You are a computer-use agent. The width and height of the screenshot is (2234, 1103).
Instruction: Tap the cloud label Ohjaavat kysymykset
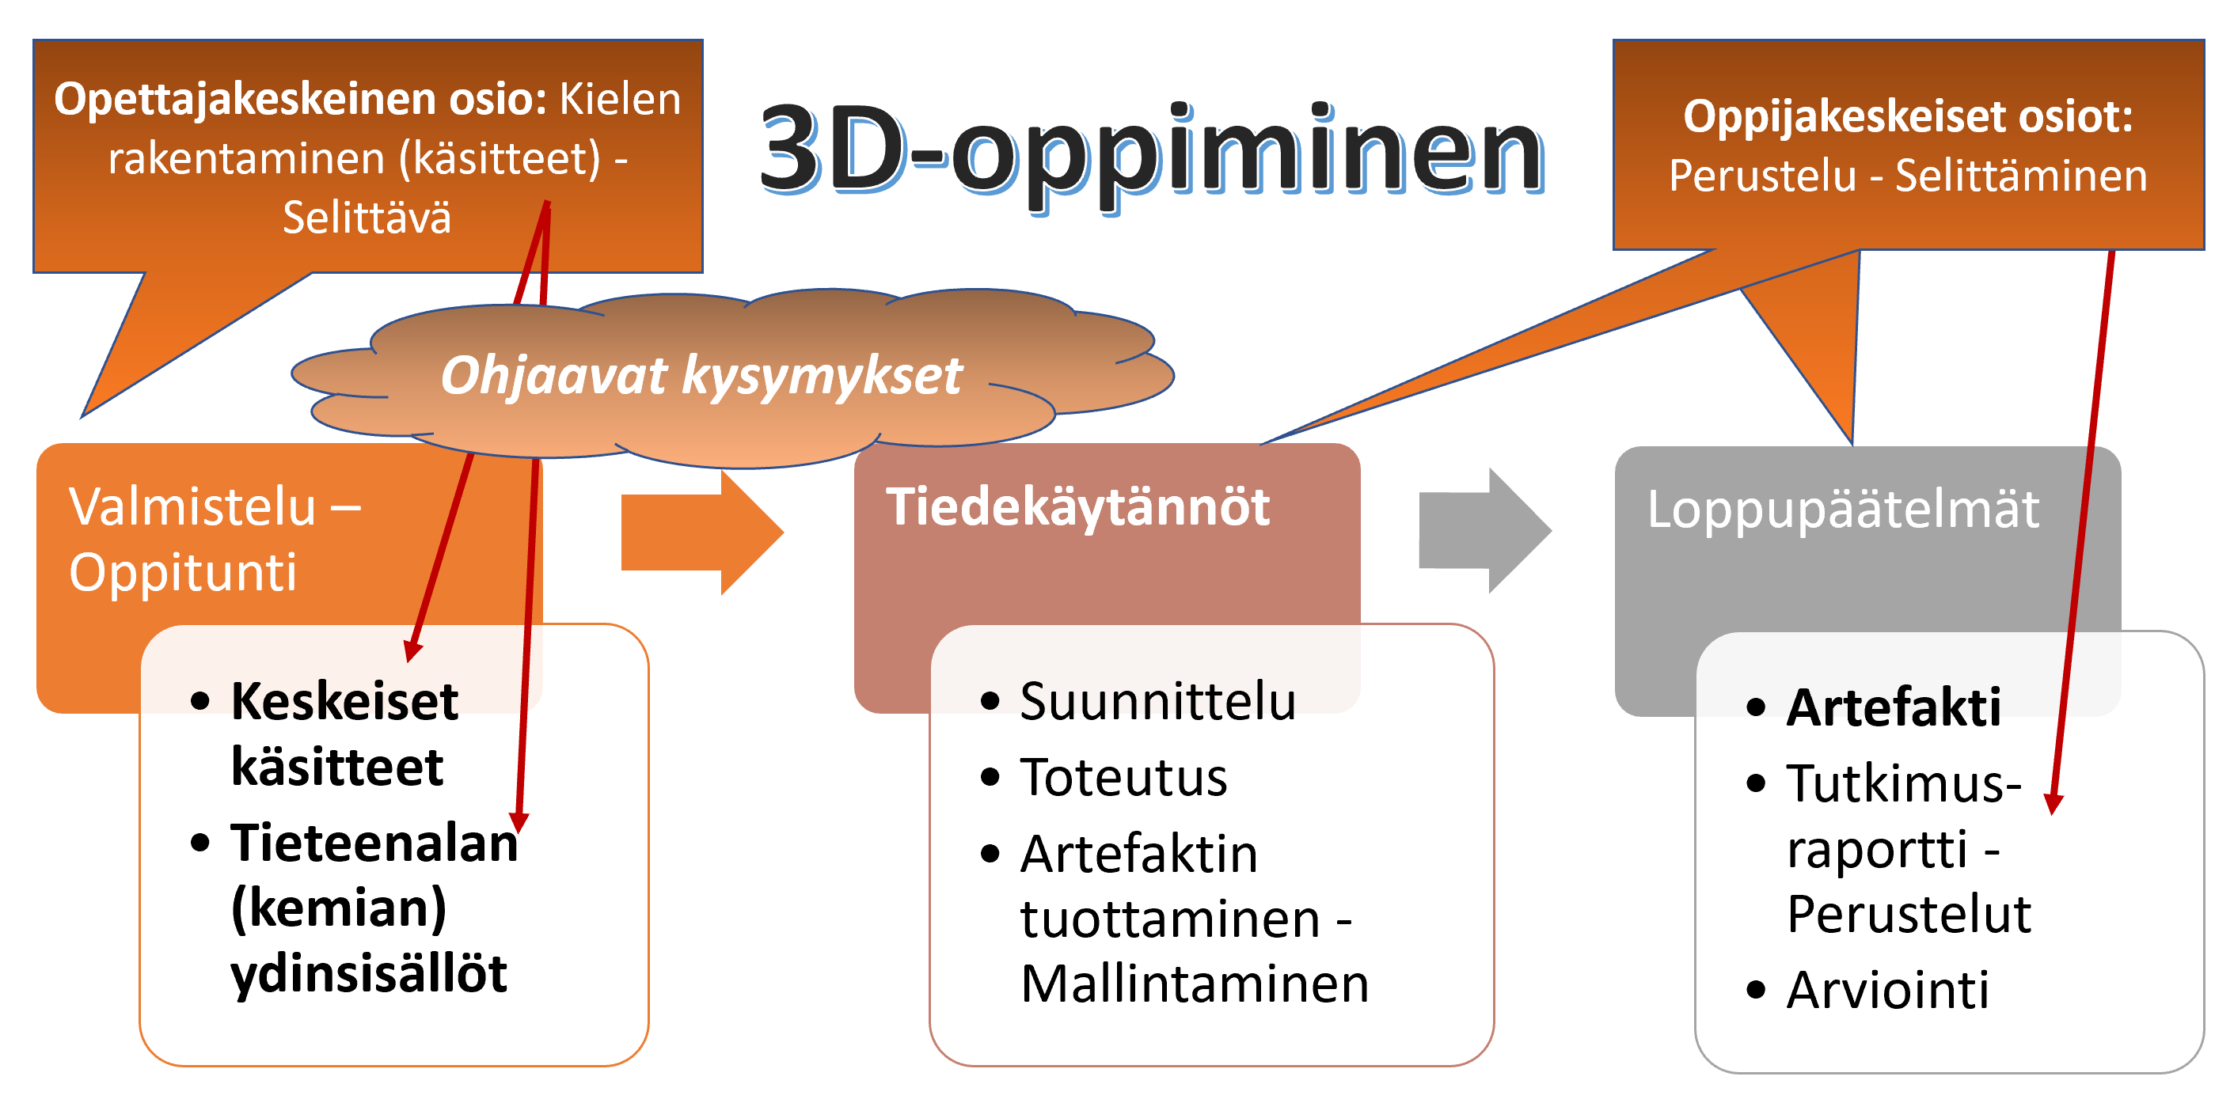click(x=701, y=376)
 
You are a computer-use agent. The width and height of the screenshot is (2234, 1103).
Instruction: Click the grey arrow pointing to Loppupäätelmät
click(x=1484, y=531)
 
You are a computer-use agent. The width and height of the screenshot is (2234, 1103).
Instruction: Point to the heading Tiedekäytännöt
click(x=1077, y=506)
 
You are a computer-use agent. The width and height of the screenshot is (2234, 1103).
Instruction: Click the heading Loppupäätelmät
click(x=1843, y=509)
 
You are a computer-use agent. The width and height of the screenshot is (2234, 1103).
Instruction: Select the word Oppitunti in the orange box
click(x=183, y=572)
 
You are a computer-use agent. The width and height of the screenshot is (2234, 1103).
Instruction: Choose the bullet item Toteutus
click(x=1123, y=777)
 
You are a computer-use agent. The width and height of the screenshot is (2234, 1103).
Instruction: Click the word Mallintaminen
click(x=1194, y=984)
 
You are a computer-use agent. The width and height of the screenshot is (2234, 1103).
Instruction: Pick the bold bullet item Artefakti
click(x=1893, y=707)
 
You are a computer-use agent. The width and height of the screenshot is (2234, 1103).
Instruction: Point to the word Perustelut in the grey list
click(x=1909, y=914)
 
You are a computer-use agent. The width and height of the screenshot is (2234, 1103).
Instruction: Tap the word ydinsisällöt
click(x=369, y=974)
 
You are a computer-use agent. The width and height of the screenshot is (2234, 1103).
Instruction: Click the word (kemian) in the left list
click(x=338, y=908)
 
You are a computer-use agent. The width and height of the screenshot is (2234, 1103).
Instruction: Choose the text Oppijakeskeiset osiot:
click(x=1908, y=116)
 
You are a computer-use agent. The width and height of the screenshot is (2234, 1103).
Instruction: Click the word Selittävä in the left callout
click(x=367, y=217)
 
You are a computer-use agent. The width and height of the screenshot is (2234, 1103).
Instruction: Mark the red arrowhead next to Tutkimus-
click(x=2053, y=804)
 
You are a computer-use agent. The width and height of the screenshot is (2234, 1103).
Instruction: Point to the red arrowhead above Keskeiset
click(x=412, y=650)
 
